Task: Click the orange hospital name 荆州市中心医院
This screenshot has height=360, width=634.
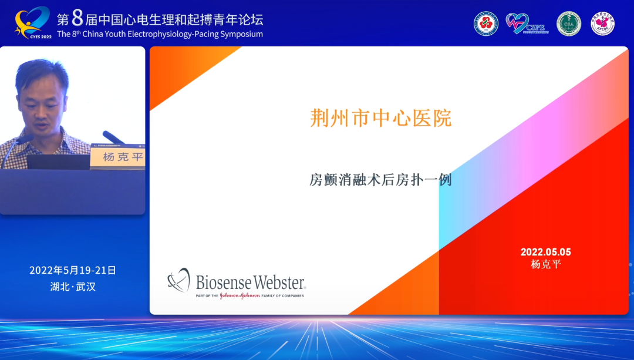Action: tap(380, 118)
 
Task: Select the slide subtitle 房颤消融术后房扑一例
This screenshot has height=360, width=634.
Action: tap(380, 180)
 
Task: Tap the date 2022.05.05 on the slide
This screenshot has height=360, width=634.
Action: tap(545, 252)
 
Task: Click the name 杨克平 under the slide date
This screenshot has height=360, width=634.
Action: tap(545, 264)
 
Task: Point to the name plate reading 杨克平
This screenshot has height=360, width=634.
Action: tap(122, 157)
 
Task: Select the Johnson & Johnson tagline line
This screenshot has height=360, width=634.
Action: tap(250, 295)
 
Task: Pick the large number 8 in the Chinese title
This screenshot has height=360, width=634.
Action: tap(77, 18)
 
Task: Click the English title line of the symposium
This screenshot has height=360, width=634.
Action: tap(160, 34)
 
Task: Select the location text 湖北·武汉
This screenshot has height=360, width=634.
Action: tap(73, 287)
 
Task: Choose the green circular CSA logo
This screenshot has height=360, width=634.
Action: tap(568, 23)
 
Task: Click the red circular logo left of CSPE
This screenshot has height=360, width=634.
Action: tap(486, 23)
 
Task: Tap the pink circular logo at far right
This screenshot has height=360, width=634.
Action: tap(602, 23)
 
